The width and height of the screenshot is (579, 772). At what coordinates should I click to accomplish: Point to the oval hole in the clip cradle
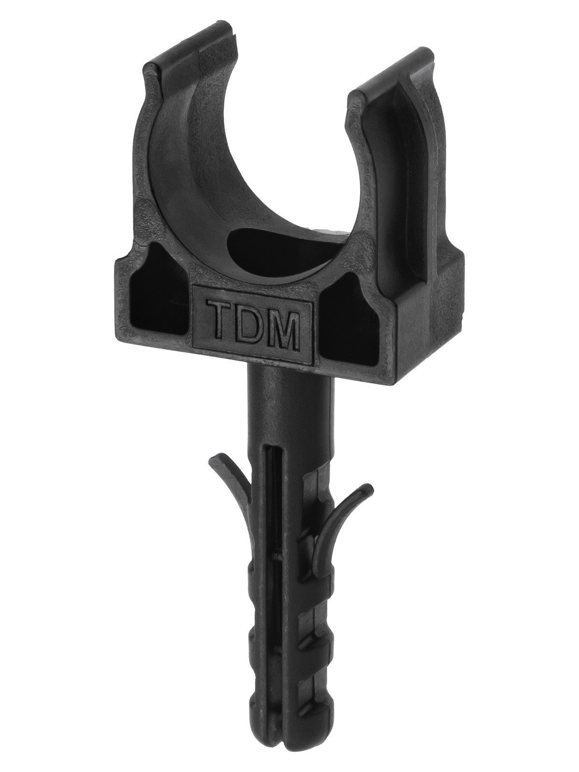[278, 246]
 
